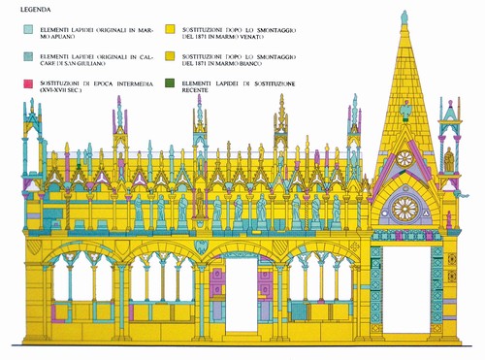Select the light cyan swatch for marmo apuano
click(x=28, y=30)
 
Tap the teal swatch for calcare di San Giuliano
click(x=28, y=56)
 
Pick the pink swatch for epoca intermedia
click(x=28, y=83)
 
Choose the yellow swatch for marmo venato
click(x=170, y=29)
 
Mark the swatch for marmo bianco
click(x=170, y=56)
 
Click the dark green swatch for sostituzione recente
click(x=170, y=83)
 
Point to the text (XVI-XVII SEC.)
click(x=61, y=90)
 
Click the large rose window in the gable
click(x=404, y=209)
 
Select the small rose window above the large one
click(x=404, y=158)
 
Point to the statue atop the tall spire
click(x=404, y=17)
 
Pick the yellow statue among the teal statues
click(x=200, y=203)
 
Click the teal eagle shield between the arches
click(x=201, y=246)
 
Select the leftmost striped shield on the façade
click(x=34, y=246)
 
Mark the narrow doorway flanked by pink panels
click(x=242, y=294)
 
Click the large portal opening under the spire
click(x=406, y=289)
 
